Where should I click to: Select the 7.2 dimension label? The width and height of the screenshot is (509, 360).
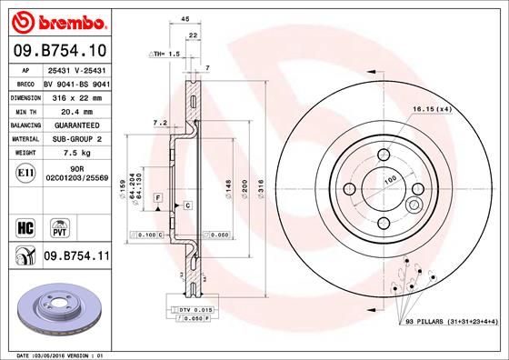(x=160, y=122)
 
